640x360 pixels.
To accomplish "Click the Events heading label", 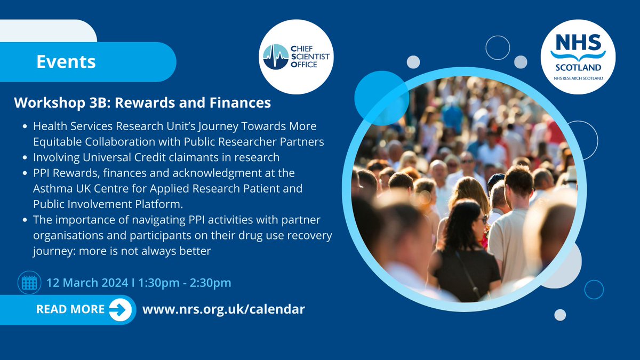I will coord(66,62).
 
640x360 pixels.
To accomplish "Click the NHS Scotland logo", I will coord(578,57).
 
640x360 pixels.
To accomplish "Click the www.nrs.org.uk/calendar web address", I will coord(223,309).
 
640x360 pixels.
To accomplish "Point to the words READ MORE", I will coord(70,309).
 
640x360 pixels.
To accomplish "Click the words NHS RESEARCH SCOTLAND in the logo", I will coord(578,79).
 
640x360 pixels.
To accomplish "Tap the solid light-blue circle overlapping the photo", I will coord(381,98).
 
